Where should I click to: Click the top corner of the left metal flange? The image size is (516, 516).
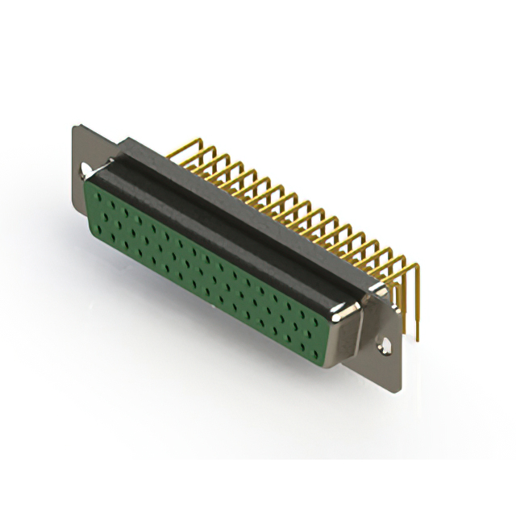[76, 126]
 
